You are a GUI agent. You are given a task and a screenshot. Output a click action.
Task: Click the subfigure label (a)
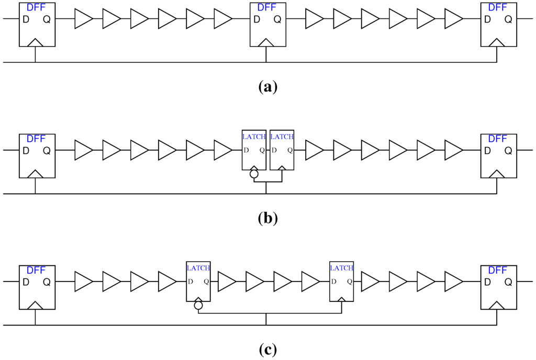pos(268,86)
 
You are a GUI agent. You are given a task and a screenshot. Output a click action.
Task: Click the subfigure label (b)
pos(268,218)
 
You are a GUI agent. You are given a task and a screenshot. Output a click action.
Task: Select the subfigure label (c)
pos(268,349)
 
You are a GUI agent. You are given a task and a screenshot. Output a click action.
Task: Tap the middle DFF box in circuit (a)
pos(267,25)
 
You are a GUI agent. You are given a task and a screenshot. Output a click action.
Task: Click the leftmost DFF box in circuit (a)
pos(36,25)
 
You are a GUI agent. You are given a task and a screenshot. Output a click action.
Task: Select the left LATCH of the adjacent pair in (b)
pos(254,150)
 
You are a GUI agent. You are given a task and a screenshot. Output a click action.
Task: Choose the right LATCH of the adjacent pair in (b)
pos(282,150)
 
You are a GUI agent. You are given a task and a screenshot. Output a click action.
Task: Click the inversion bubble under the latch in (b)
pos(254,174)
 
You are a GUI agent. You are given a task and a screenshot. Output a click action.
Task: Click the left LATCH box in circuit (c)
pos(198,281)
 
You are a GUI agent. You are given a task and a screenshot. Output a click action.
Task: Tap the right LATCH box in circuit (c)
pos(341,281)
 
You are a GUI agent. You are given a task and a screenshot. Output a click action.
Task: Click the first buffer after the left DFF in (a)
pos(84,19)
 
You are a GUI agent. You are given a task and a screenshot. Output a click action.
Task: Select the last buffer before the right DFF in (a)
pos(453,19)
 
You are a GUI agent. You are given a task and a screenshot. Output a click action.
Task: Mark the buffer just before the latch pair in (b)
pos(223,150)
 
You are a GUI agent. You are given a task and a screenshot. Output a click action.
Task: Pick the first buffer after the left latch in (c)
pos(227,282)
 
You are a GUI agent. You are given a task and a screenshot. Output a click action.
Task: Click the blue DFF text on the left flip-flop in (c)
pos(36,271)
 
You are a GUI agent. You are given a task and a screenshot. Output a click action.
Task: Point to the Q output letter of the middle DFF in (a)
pos(277,19)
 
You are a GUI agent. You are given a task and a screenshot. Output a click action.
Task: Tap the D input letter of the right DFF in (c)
pos(487,282)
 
